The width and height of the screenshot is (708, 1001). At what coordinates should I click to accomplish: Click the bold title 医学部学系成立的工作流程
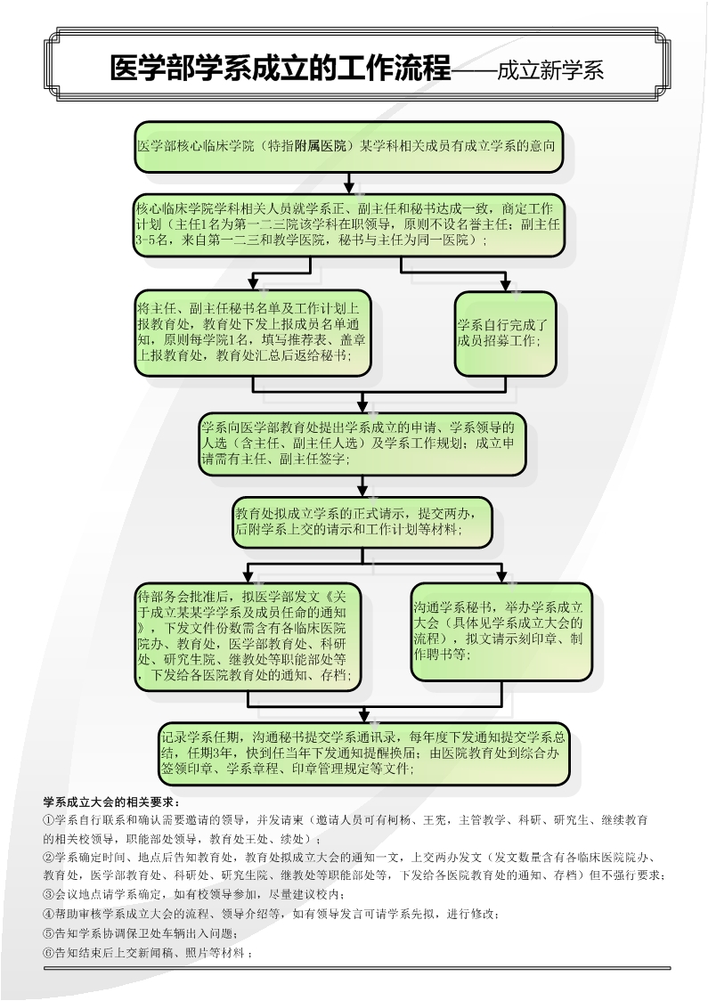(281, 69)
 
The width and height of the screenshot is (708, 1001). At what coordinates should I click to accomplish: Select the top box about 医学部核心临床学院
(348, 146)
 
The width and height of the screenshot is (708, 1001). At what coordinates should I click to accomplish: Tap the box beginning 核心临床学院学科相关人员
(348, 224)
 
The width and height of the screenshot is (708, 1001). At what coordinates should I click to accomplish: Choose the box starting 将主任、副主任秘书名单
(253, 332)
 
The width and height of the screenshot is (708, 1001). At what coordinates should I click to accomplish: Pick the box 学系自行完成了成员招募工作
(505, 333)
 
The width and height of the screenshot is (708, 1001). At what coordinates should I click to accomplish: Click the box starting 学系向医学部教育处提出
(362, 444)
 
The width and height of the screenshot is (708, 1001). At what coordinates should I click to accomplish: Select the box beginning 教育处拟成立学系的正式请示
(362, 522)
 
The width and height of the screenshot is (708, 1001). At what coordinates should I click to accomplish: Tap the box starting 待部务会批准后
(248, 636)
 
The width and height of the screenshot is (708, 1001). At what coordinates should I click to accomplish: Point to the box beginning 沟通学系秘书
(501, 631)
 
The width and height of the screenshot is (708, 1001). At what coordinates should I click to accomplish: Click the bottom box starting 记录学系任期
(363, 753)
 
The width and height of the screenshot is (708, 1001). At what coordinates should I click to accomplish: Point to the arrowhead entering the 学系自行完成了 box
(506, 285)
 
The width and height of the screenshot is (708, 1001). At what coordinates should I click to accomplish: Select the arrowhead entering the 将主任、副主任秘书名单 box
(253, 283)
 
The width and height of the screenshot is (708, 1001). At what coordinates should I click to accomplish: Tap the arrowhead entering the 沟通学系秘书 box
(501, 576)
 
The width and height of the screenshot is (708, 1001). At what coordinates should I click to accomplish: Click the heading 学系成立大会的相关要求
(111, 802)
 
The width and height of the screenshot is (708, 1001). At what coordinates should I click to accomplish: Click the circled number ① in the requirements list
(48, 820)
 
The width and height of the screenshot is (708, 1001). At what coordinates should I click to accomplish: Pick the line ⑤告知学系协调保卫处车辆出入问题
(140, 933)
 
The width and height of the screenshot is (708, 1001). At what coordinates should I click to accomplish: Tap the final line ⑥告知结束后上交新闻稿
(148, 953)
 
